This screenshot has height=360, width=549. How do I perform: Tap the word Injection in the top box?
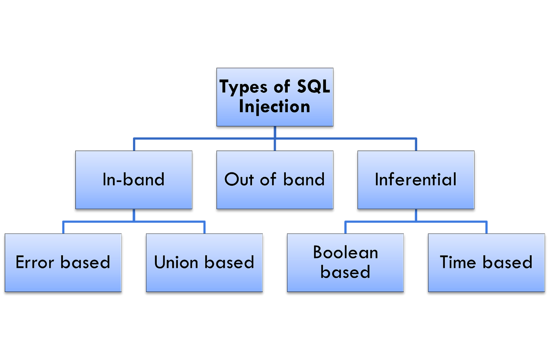[274, 106]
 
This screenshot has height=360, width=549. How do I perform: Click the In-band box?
[134, 180]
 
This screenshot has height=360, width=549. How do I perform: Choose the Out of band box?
[275, 180]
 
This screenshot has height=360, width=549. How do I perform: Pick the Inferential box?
[416, 180]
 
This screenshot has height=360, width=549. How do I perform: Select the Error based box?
[63, 263]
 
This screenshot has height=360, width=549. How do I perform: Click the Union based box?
[204, 263]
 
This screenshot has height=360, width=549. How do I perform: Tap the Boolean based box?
[345, 263]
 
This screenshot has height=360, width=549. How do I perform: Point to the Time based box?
[486, 263]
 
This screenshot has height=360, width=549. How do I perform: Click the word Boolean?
[345, 252]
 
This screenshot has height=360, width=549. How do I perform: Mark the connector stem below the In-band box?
[134, 215]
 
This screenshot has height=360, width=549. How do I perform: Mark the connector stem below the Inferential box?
[416, 215]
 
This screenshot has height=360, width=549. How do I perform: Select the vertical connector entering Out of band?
[275, 145]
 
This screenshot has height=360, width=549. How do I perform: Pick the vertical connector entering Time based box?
[486, 227]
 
